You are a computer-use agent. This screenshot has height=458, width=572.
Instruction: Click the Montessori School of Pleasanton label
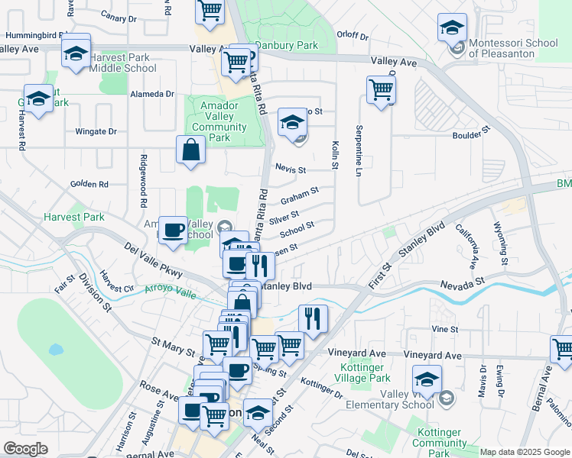coord(513,48)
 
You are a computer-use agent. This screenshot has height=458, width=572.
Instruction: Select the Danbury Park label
coord(287,45)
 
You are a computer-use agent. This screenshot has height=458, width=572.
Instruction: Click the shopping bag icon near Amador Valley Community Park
coord(190,150)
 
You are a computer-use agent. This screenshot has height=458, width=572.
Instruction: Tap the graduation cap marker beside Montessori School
coord(453,28)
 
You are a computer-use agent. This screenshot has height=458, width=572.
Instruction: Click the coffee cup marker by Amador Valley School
coord(174,230)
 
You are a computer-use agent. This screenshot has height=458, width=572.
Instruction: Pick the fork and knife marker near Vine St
coord(312,318)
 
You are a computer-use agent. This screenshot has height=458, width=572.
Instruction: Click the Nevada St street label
coord(463,283)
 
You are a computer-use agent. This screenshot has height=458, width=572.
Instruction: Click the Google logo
coord(25,449)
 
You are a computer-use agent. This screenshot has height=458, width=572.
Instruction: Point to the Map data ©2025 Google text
coord(524,452)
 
